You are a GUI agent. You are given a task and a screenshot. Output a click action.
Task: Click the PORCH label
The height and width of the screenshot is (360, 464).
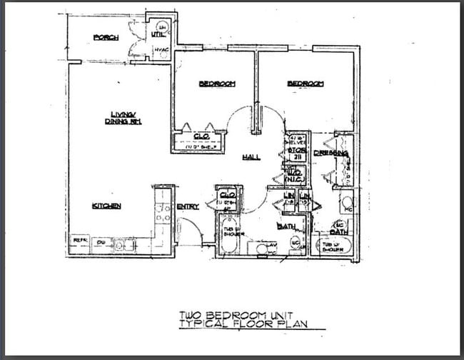pos(106,38)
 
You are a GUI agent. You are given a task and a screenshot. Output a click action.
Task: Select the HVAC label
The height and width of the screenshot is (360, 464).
pos(161,49)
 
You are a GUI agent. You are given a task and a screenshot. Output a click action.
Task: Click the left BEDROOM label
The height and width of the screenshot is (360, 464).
pos(216,84)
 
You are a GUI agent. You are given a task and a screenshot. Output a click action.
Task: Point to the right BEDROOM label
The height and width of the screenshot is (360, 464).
pos(306,84)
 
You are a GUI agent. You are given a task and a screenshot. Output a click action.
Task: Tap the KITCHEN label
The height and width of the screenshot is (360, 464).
pos(106,206)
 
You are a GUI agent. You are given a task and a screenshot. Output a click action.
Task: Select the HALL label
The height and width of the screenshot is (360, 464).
pos(251,157)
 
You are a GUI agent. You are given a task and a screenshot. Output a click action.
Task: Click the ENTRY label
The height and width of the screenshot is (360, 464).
pos(187,207)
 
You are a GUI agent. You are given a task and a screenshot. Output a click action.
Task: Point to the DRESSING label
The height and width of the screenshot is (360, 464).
pos(331,153)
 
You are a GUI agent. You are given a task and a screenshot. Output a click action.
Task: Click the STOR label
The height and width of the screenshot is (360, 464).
pos(296,151)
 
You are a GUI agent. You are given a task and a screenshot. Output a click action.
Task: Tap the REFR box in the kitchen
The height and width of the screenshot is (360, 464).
pos(79,241)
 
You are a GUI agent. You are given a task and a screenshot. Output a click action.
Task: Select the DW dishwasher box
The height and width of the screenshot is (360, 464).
pos(101,242)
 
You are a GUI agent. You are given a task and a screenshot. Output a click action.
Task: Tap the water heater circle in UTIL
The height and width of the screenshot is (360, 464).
pos(162,26)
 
